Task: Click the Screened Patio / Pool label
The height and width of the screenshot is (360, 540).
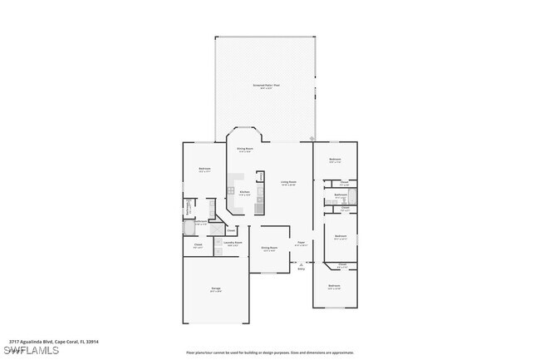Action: coord(265,86)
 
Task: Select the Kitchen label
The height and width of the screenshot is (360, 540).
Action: coord(244,193)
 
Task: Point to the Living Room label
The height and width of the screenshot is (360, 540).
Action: coord(288,183)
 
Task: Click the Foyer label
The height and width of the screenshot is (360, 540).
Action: coord(302,244)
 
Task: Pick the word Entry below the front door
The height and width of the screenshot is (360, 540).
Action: coord(301,269)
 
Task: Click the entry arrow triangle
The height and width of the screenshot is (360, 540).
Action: coord(301,264)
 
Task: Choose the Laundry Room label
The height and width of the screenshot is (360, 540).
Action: coord(232,244)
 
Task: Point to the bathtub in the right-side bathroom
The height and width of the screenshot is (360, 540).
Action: coord(352,197)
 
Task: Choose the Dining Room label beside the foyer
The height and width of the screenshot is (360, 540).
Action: coord(269,249)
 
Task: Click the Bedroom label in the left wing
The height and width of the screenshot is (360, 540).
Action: coord(204,170)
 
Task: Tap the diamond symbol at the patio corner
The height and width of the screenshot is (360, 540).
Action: coord(312,139)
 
